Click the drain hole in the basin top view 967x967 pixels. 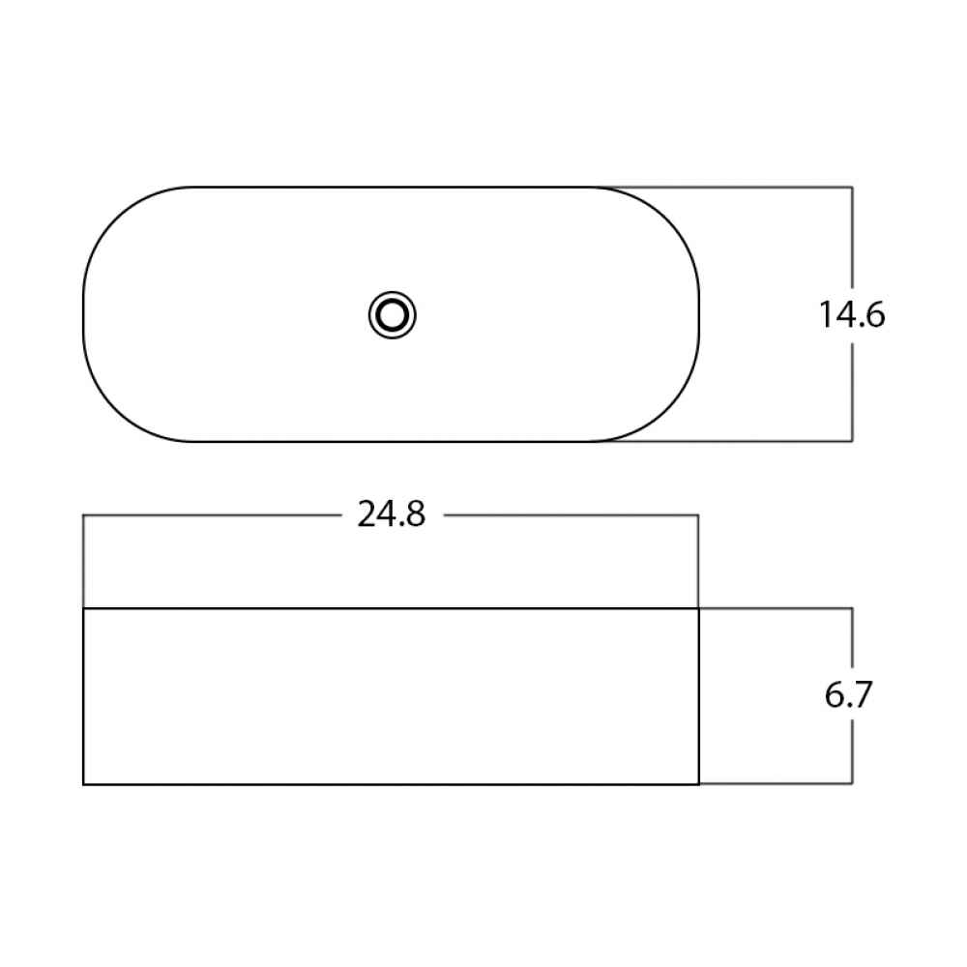pos(393,315)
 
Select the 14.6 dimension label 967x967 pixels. pos(852,314)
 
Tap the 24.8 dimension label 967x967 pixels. pos(392,514)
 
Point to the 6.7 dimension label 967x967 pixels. pos(848,695)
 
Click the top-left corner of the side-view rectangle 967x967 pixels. pos(83,608)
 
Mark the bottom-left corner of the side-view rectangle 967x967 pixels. pos(83,784)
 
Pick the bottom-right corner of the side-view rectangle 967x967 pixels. pos(699,784)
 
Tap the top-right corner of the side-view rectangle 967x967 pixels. pos(699,608)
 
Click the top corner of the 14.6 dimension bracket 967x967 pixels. pos(852,187)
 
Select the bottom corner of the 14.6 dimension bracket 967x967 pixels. pos(852,441)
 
